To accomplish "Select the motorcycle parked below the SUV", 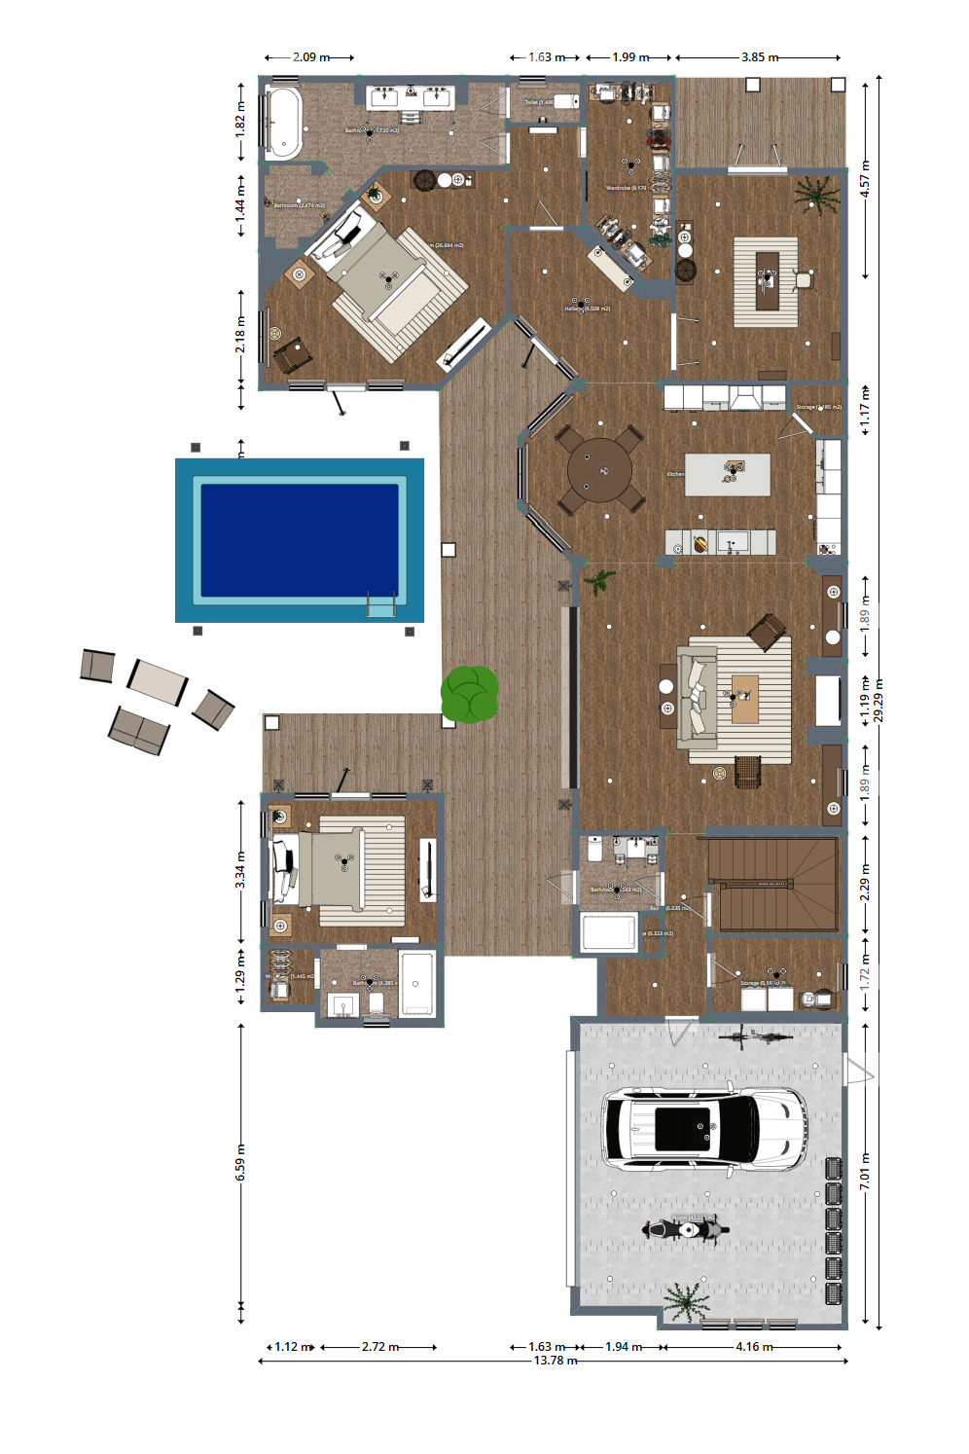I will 685,1229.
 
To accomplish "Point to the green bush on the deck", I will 470,694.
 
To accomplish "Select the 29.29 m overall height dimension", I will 879,701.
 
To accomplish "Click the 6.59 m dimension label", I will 240,1163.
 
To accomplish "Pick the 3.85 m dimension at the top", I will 759,57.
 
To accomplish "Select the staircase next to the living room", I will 772,884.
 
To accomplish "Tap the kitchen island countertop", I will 727,474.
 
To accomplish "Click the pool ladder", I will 380,604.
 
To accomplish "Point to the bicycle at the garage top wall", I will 756,1036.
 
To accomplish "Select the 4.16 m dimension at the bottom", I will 754,1347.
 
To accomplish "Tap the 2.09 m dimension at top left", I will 310,57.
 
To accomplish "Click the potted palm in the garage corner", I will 685,1300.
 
